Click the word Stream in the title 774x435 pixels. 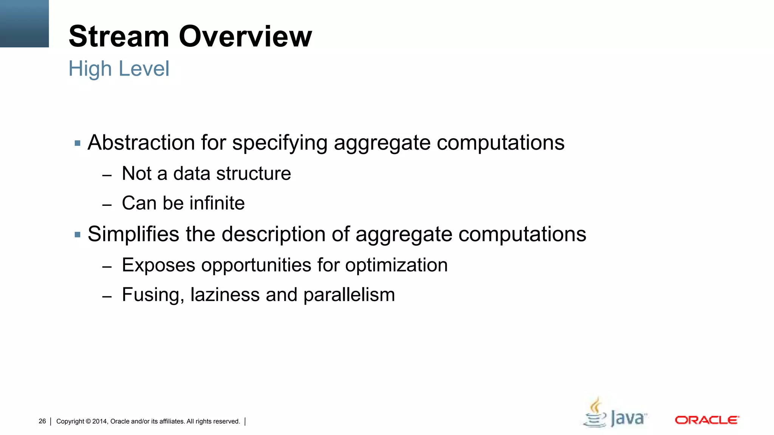[x=119, y=37]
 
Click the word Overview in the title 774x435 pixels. [x=245, y=37]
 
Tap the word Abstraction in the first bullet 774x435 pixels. [x=141, y=143]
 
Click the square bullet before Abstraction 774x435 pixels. [x=77, y=143]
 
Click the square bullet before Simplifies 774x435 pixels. [x=77, y=235]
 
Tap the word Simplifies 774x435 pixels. [x=133, y=234]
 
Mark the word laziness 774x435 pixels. [x=225, y=295]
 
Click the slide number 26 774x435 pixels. [x=42, y=421]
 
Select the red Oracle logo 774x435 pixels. [x=707, y=420]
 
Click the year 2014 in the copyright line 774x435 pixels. [x=100, y=421]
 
